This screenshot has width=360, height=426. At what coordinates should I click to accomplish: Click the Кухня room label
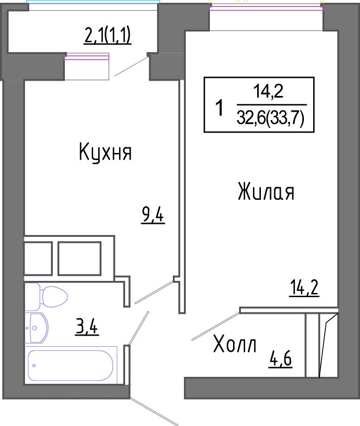(x=105, y=153)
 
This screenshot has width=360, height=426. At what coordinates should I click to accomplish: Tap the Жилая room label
(x=266, y=191)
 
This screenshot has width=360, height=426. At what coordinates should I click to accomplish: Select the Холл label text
(x=235, y=344)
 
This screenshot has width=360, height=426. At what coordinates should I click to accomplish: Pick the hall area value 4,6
(x=280, y=359)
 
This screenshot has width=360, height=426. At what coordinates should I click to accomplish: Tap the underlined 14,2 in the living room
(x=304, y=288)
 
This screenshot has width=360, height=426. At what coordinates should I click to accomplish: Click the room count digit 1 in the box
(x=219, y=108)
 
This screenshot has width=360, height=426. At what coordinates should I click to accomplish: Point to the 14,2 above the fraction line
(x=268, y=91)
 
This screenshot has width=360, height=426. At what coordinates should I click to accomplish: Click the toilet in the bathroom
(x=46, y=296)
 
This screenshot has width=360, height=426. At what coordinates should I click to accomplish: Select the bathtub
(x=70, y=365)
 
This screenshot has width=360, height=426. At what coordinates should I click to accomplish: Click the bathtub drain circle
(x=34, y=365)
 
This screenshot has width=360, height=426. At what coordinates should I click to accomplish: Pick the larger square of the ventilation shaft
(x=80, y=258)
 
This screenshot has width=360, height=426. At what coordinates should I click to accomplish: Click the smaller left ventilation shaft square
(x=38, y=258)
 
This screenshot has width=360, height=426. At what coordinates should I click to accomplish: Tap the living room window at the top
(x=266, y=8)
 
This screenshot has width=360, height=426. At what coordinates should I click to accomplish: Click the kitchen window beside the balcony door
(x=86, y=57)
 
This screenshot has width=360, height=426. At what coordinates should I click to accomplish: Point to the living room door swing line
(x=215, y=326)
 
